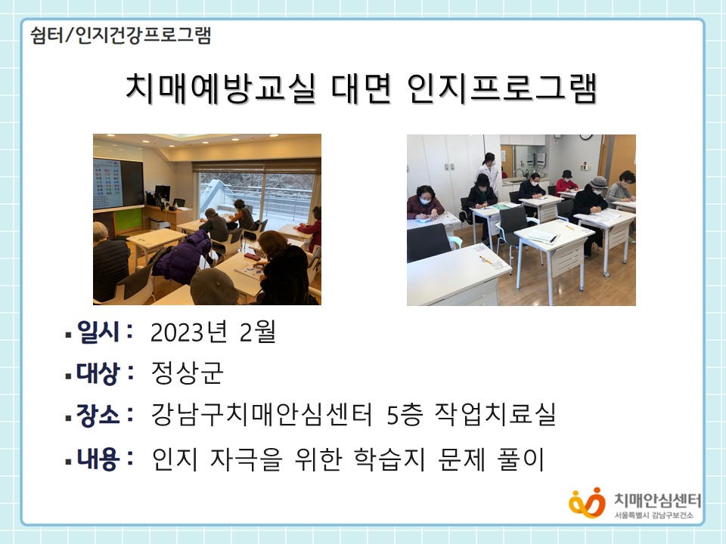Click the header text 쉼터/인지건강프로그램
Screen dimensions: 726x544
click(121, 36)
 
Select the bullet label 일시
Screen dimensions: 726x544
click(98, 332)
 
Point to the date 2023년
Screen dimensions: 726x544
click(189, 332)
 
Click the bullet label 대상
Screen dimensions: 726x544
click(98, 372)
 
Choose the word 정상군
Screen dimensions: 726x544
click(187, 372)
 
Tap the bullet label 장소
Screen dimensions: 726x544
click(98, 415)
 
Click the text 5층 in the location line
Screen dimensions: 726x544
click(405, 415)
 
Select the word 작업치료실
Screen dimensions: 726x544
click(495, 415)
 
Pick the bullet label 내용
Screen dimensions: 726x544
click(98, 459)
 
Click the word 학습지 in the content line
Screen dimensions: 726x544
click(389, 459)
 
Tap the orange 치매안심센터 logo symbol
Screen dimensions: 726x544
click(587, 503)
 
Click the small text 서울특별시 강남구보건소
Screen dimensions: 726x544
click(653, 515)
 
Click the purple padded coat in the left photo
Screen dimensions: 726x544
click(181, 257)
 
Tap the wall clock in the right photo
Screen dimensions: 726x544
click(586, 137)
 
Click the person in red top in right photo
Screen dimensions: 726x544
click(566, 182)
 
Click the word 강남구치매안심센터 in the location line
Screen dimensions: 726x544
click(262, 415)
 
